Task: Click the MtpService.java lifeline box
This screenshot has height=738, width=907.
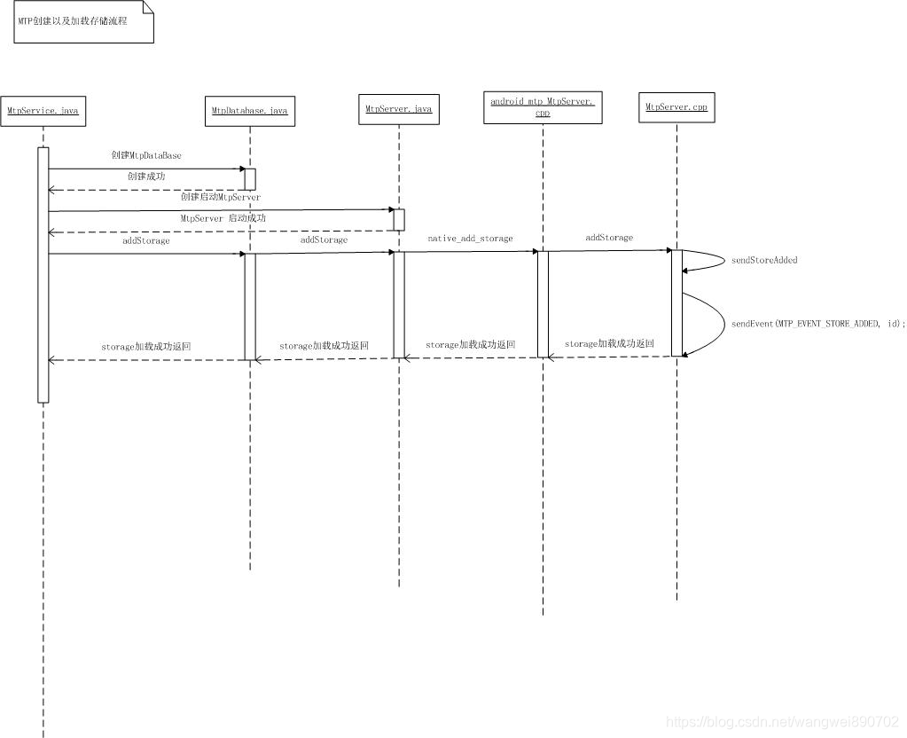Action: pos(43,110)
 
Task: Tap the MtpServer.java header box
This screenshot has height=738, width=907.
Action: pos(398,109)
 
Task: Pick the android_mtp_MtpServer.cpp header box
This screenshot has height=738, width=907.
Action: pos(543,107)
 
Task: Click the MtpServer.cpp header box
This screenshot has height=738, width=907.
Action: pos(676,106)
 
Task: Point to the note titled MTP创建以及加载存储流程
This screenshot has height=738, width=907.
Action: pos(83,21)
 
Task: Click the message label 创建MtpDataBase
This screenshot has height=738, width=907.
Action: pos(146,155)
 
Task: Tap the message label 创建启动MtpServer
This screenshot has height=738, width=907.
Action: pos(221,197)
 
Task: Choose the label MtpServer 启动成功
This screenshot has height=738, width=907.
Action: pos(223,218)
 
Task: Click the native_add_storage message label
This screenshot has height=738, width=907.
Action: pos(470,239)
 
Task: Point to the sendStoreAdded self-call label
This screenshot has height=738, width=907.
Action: pos(763,260)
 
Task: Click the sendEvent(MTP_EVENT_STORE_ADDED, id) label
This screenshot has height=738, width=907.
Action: pos(818,324)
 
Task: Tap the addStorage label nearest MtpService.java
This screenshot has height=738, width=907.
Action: pos(146,240)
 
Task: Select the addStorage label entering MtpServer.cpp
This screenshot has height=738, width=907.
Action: pos(609,238)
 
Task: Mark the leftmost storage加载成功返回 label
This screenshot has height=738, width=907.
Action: pos(146,347)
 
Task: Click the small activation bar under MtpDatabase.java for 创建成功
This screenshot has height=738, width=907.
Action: pos(250,178)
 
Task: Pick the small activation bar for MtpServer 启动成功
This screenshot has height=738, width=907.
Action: pos(399,219)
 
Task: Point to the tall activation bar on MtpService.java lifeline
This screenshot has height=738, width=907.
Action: pos(43,275)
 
